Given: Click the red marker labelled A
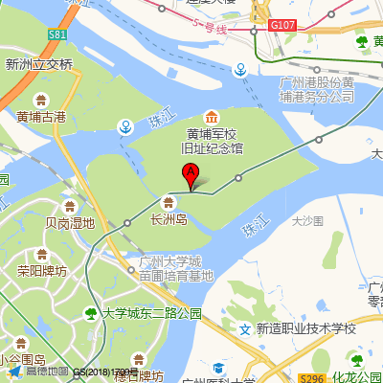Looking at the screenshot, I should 191,176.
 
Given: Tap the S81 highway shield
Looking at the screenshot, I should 57,35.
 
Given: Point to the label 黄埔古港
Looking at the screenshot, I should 41,117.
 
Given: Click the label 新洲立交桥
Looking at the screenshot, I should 39,64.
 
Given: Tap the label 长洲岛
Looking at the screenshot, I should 169,218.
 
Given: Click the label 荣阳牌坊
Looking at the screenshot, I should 42,271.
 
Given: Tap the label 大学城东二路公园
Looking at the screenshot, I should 153,313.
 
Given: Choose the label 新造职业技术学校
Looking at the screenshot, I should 305,328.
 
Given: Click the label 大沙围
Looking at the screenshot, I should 307,220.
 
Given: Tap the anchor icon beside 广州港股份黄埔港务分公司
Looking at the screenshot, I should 242,70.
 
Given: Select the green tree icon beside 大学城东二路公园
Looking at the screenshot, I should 91,313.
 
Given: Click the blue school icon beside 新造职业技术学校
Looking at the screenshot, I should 245,328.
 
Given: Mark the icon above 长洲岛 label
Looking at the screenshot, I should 169,202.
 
